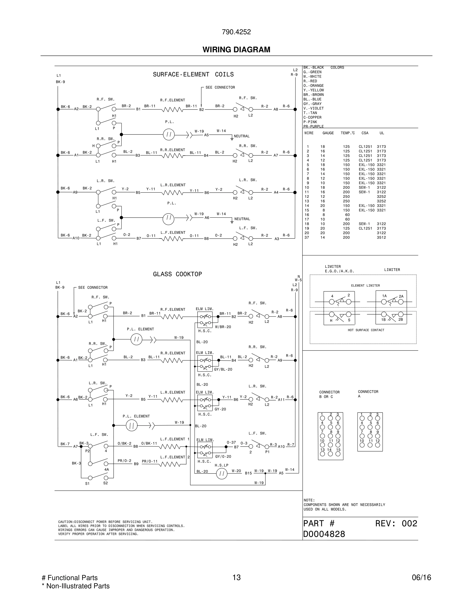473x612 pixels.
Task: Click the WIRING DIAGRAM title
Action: (x=236, y=50)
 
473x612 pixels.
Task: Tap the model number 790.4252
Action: (x=236, y=32)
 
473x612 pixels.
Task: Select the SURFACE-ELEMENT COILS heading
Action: (x=193, y=74)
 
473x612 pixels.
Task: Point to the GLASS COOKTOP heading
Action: (x=177, y=274)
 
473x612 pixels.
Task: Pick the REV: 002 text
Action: (x=396, y=523)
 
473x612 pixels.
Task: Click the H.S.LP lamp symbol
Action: (x=222, y=474)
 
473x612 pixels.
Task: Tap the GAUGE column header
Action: (x=328, y=133)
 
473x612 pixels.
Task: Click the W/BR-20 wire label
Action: (x=223, y=327)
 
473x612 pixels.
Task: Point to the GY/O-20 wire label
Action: (x=223, y=456)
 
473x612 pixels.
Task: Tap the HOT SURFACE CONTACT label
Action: (x=366, y=330)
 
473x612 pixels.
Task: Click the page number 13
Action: (x=236, y=577)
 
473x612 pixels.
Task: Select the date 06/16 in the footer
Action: (x=421, y=577)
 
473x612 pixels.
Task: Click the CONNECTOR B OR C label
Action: (x=329, y=394)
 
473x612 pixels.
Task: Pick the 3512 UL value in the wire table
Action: (x=381, y=237)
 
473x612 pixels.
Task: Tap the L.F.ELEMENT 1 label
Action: (x=175, y=439)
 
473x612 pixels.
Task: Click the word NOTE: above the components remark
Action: (x=309, y=500)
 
